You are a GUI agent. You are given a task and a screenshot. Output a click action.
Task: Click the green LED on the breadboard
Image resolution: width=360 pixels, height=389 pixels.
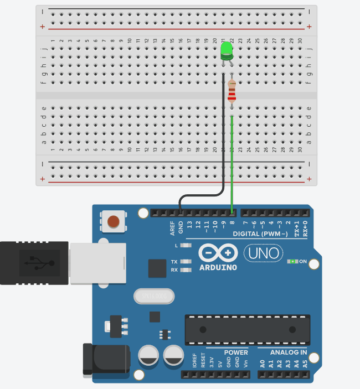227,51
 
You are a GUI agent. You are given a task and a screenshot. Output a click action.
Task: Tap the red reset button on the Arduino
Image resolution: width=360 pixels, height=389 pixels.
113,222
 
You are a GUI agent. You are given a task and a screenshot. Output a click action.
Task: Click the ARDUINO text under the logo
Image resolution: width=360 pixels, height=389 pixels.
218,268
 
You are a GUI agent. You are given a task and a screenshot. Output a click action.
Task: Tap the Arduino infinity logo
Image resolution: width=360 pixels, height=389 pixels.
218,253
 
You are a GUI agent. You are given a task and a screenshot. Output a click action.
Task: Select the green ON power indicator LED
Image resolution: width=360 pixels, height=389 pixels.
292,261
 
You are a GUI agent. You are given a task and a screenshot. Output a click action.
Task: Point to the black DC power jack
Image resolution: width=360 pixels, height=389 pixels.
105,359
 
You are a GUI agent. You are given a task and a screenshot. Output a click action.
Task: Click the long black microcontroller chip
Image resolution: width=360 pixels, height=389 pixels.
247,330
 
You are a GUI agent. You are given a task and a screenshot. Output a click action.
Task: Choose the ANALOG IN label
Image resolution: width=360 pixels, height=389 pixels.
289,352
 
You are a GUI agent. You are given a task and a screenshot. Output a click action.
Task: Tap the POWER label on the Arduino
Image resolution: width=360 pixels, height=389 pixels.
236,352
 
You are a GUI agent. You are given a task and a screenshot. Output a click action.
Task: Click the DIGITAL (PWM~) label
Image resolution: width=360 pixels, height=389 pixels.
260,234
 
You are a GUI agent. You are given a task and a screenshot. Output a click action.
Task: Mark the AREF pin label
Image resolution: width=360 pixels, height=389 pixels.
172,228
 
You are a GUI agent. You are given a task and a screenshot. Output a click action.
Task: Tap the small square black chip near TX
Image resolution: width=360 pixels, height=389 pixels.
157,268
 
